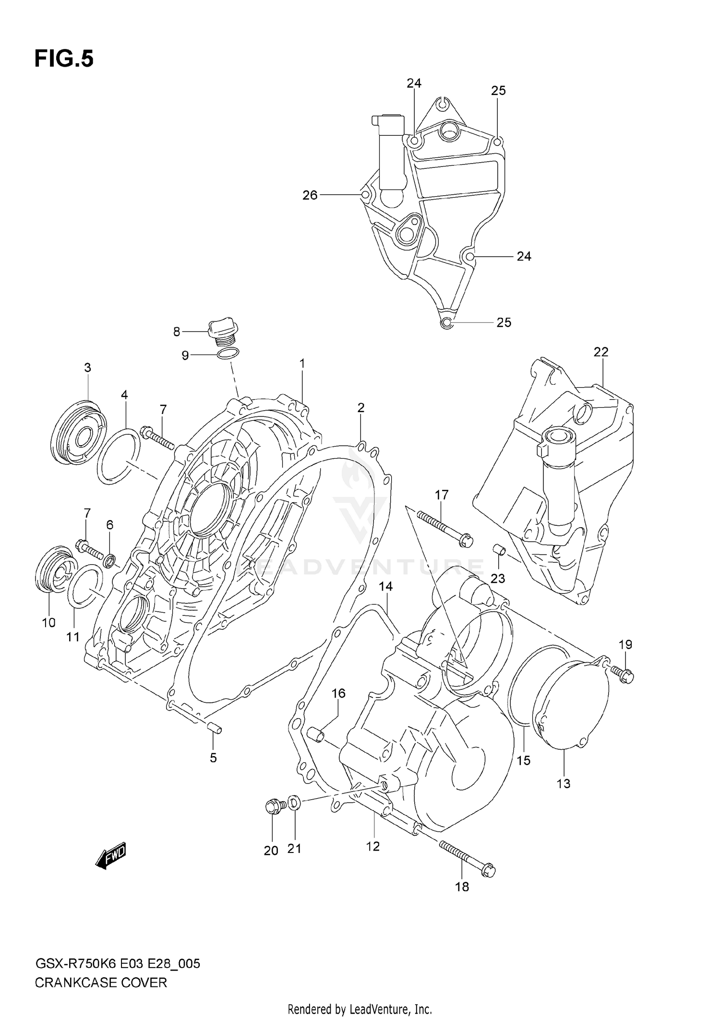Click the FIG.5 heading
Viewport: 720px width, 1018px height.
64,59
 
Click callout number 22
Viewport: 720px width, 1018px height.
600,352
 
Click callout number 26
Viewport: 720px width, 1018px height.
310,195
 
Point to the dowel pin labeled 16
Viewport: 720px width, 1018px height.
316,734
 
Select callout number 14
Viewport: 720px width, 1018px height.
385,587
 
